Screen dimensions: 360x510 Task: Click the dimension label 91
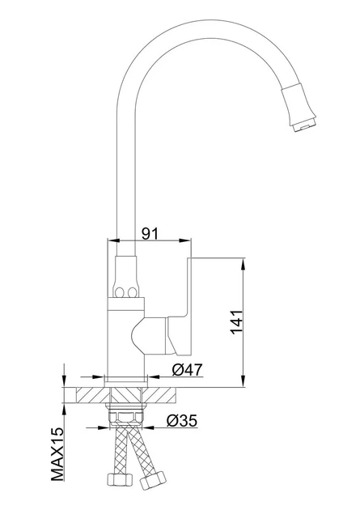click(x=150, y=233)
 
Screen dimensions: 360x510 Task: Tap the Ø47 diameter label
click(x=187, y=369)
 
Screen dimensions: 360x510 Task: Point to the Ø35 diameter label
click(x=182, y=420)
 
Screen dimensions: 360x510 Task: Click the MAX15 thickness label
click(x=57, y=454)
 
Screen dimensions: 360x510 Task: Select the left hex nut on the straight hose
click(x=120, y=479)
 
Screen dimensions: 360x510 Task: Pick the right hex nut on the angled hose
click(x=153, y=481)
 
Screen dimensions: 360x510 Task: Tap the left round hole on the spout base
click(x=119, y=291)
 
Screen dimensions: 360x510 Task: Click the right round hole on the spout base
click(x=132, y=292)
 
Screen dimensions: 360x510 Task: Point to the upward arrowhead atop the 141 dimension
click(x=243, y=264)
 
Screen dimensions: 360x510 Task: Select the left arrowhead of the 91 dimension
click(x=113, y=240)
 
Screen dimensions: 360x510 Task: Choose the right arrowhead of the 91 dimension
click(x=185, y=240)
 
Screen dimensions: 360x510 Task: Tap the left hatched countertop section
click(x=92, y=395)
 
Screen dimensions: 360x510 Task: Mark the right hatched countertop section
click(x=160, y=395)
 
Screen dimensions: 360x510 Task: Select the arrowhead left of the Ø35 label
click(x=103, y=427)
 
